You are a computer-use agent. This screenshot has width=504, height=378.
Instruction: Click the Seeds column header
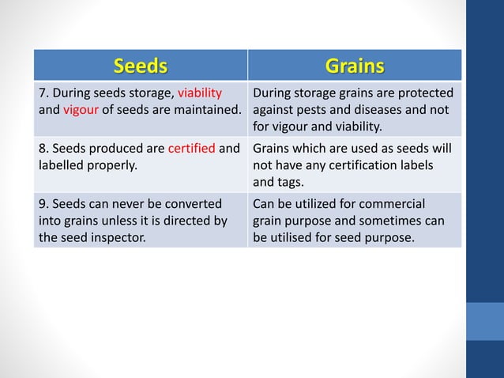(140, 65)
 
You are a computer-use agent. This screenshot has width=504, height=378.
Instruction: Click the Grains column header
(354, 65)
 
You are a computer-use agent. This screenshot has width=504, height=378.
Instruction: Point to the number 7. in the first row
(44, 93)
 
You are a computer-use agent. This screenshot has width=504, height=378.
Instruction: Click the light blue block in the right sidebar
(485, 320)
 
